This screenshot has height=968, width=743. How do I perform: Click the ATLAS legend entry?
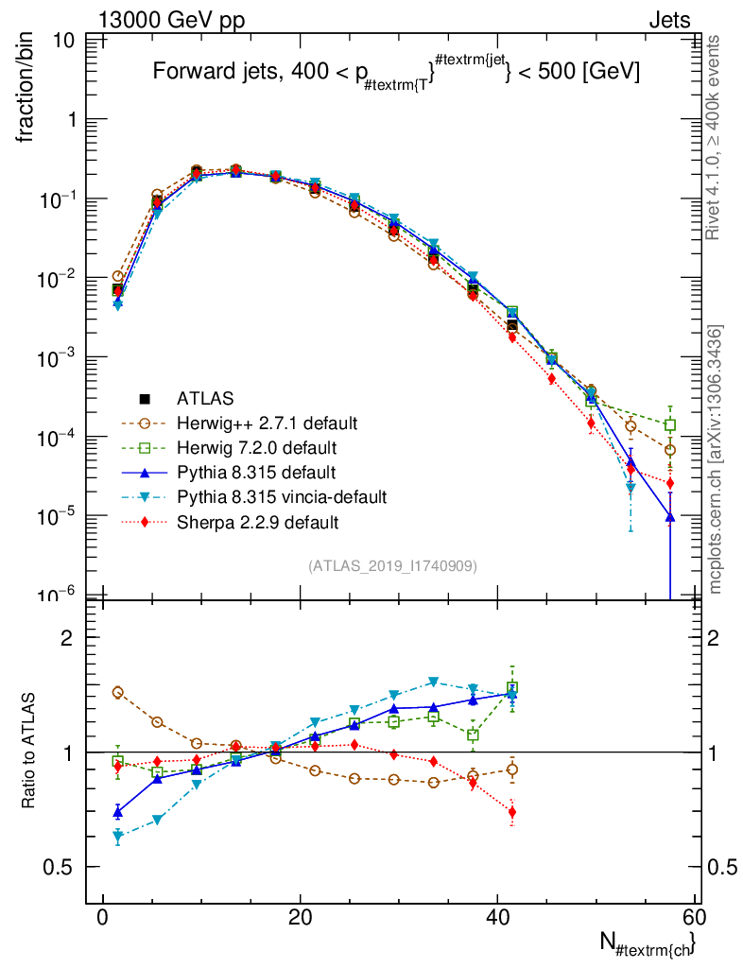pyautogui.click(x=204, y=398)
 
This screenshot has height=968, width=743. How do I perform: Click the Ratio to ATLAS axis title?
pyautogui.click(x=29, y=752)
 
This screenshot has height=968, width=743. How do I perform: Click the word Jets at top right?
pyautogui.click(x=668, y=19)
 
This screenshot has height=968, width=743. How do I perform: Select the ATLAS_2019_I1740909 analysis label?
pyautogui.click(x=391, y=566)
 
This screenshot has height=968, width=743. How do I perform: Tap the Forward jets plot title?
pyautogui.click(x=397, y=73)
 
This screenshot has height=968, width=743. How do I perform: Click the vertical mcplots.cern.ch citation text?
pyautogui.click(x=717, y=459)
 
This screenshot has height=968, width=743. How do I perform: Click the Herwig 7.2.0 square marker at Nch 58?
pyautogui.click(x=670, y=425)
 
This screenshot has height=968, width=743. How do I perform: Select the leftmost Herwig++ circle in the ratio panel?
pyautogui.click(x=118, y=692)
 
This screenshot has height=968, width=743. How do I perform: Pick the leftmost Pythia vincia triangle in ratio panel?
pyautogui.click(x=118, y=837)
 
